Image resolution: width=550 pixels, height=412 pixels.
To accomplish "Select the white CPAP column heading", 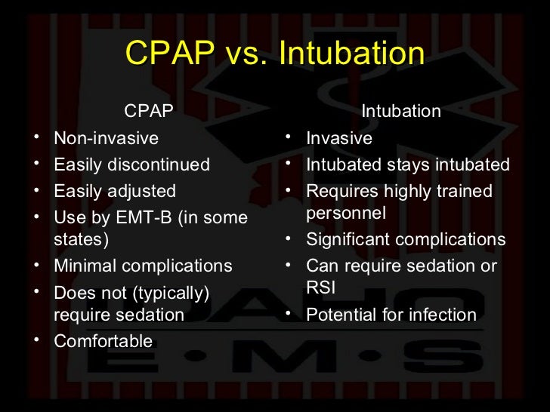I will (x=149, y=112).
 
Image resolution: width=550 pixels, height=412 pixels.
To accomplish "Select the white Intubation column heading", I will (x=400, y=112).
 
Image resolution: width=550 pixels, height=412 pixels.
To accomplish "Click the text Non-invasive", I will (x=106, y=139).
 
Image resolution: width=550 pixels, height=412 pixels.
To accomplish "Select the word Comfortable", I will (x=103, y=341).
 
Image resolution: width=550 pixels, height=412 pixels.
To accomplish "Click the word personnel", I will (x=346, y=214).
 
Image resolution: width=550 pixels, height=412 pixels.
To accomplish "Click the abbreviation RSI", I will (x=320, y=288).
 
